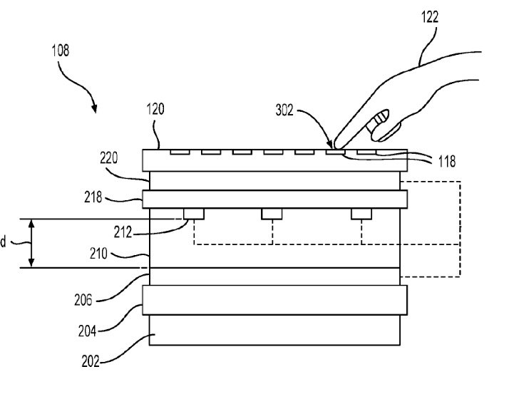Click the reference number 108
tap(61, 51)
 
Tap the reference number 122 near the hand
tap(429, 17)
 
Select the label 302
tap(284, 110)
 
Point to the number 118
tap(447, 161)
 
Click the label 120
tap(155, 109)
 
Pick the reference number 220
tap(109, 158)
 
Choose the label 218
tap(93, 197)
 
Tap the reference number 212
tap(123, 232)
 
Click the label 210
tap(98, 254)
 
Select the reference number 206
tap(83, 300)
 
